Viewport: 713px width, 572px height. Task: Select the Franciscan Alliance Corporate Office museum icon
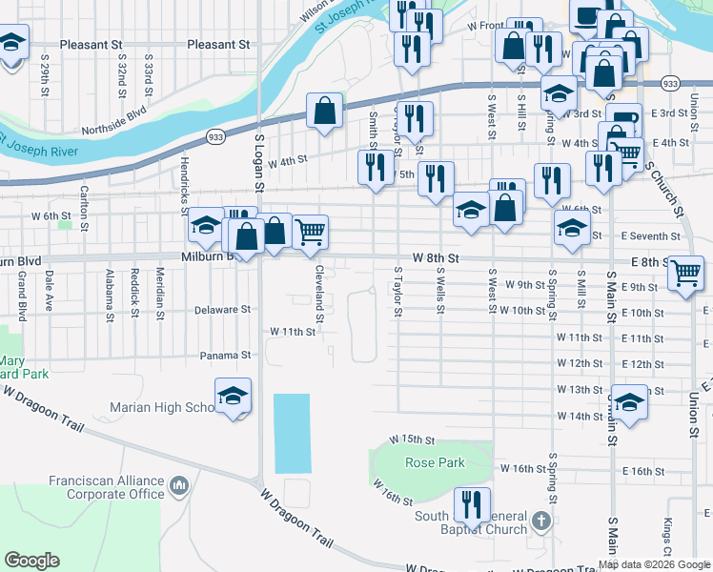pyautogui.click(x=178, y=488)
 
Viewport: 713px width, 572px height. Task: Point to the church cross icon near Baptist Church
pyautogui.click(x=541, y=521)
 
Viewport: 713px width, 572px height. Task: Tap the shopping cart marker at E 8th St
pyautogui.click(x=685, y=272)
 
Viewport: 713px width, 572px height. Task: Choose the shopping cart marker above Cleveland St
pyautogui.click(x=311, y=231)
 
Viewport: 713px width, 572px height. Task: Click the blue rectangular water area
pyautogui.click(x=293, y=434)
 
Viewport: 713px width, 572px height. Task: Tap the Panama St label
pyautogui.click(x=225, y=356)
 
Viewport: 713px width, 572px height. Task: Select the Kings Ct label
pyautogui.click(x=667, y=540)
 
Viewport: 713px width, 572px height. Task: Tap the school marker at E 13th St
pyautogui.click(x=628, y=402)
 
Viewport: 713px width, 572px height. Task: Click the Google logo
pyautogui.click(x=31, y=561)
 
